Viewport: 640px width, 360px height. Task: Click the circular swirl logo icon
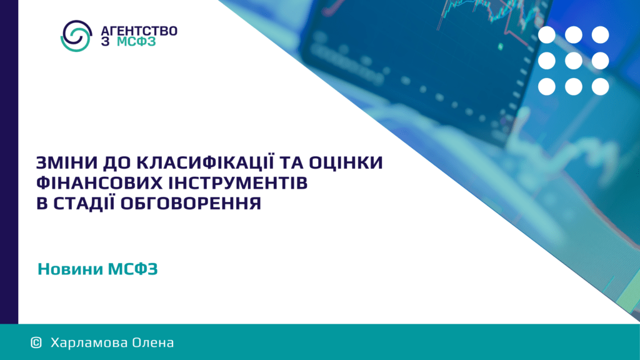pos(76,36)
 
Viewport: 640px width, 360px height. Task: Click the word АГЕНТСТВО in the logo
pos(139,31)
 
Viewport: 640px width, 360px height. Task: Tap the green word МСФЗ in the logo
pos(136,42)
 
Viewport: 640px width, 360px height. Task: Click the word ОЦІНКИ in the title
pos(346,162)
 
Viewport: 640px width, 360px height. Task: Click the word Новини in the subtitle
pos(70,269)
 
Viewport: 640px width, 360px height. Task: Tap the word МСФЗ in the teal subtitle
pos(132,269)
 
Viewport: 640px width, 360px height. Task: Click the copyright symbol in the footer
pos(36,342)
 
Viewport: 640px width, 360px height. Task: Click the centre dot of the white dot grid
pos(574,61)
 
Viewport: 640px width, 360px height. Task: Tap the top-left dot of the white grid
pos(546,35)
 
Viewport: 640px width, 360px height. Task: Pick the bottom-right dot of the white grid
pos(601,86)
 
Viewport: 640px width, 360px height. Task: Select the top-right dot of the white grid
pos(601,35)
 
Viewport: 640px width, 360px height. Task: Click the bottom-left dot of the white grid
pos(546,86)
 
